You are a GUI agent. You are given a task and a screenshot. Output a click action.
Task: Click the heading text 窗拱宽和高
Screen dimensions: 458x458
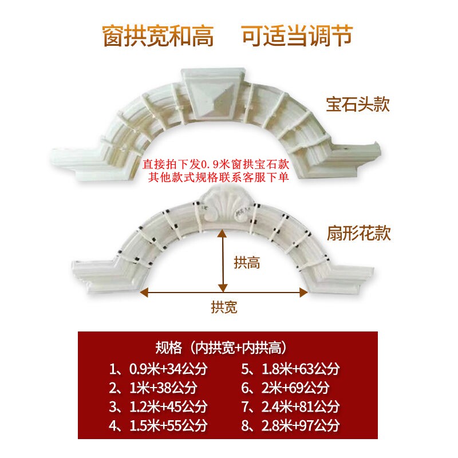(x=158, y=35)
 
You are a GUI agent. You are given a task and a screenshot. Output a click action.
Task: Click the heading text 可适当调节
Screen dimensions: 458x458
(x=297, y=35)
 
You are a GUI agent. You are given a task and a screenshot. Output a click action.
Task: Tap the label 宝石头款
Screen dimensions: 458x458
(x=358, y=105)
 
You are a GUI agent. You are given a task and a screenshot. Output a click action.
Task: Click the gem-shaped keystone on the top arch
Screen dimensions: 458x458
(x=211, y=96)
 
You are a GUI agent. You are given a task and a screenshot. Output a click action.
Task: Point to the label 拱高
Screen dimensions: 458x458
(x=247, y=263)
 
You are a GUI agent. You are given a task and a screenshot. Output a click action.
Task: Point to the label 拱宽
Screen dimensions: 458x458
(x=223, y=307)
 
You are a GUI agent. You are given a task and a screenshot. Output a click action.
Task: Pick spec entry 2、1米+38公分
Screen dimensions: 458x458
(x=153, y=388)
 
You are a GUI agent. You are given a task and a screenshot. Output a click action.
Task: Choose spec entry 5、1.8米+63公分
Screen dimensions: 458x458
(x=290, y=368)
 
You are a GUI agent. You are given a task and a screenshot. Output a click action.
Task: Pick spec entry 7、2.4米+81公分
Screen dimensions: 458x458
(x=290, y=407)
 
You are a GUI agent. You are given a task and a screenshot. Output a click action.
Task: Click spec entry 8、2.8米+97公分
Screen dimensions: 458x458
(x=290, y=427)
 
